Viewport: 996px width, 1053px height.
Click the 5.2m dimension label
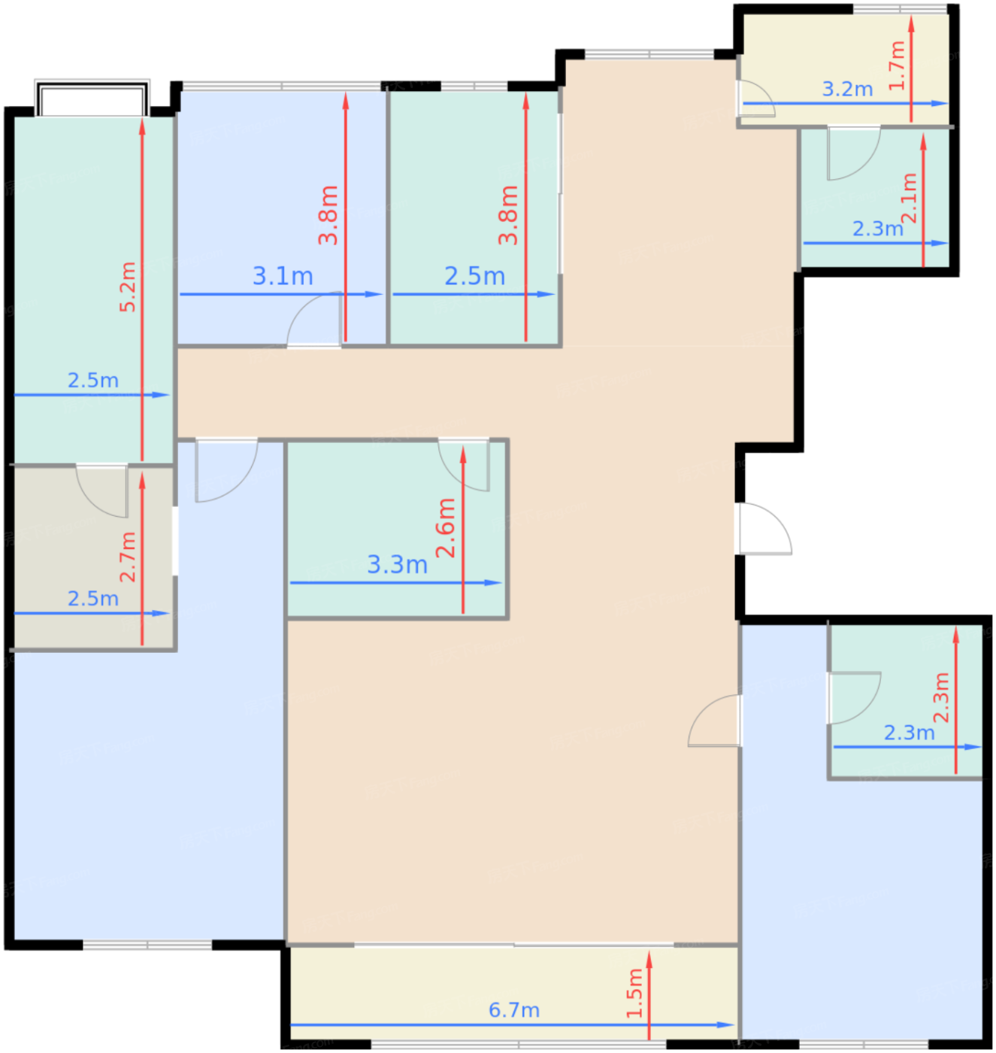coord(128,287)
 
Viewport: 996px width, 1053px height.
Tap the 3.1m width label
coord(283,276)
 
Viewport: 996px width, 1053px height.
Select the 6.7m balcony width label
coord(514,1010)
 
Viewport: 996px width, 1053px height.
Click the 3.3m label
coord(398,565)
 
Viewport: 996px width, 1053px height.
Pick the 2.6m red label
coord(446,528)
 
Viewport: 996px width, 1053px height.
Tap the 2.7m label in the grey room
coord(128,557)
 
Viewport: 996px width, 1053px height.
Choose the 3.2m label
coord(847,89)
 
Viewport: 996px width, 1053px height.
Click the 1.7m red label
coord(897,65)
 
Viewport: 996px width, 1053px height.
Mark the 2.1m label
coord(910,198)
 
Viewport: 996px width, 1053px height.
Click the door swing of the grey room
coord(101,491)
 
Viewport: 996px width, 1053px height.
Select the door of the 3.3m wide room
coord(464,465)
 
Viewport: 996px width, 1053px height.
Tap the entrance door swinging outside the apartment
coord(765,529)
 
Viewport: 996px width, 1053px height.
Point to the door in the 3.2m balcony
coord(756,98)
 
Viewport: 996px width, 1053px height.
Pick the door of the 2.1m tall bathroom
coord(854,153)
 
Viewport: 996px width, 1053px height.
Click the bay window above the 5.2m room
coord(92,98)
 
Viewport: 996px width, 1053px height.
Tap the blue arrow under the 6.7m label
coord(512,1025)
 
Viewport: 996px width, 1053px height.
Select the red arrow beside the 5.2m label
coord(142,290)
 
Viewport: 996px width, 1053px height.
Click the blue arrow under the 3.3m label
coord(396,583)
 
